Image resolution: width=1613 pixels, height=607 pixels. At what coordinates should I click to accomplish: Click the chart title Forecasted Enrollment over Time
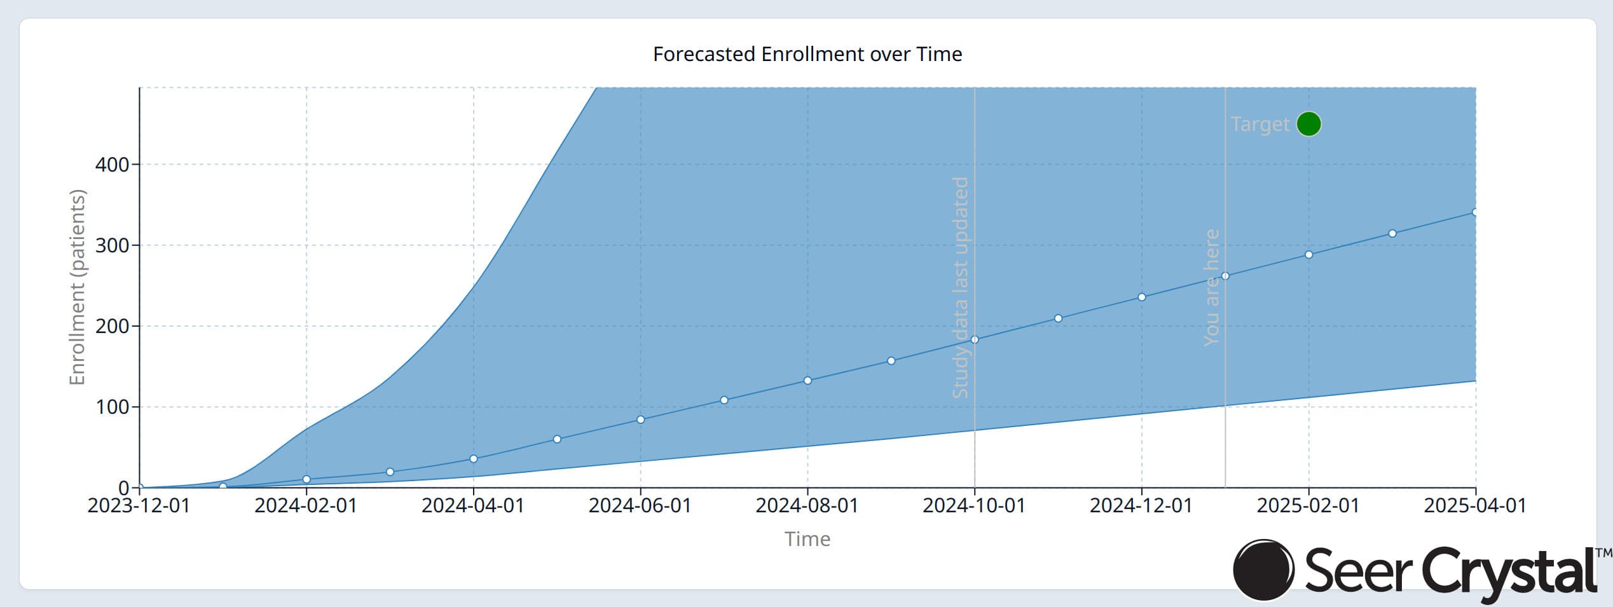pyautogui.click(x=807, y=54)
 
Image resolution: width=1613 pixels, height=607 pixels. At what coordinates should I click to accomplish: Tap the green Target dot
pyautogui.click(x=1308, y=124)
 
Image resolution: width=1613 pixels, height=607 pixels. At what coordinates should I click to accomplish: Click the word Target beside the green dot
pyautogui.click(x=1260, y=124)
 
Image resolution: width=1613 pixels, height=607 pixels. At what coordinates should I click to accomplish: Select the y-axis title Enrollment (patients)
pyautogui.click(x=77, y=287)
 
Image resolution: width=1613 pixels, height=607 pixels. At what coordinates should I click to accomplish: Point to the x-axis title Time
pyautogui.click(x=807, y=539)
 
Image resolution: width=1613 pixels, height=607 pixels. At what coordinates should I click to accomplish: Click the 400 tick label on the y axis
pyautogui.click(x=112, y=165)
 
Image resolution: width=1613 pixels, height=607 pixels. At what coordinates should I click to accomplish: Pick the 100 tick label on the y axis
pyautogui.click(x=112, y=407)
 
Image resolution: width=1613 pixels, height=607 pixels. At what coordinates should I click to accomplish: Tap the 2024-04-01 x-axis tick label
pyautogui.click(x=473, y=506)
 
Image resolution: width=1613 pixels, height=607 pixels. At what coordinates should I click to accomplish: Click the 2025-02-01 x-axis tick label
pyautogui.click(x=1308, y=506)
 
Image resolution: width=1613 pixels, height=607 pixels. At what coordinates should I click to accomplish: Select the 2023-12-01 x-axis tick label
pyautogui.click(x=139, y=506)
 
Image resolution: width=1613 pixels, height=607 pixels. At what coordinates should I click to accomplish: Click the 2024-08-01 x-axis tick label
pyautogui.click(x=807, y=506)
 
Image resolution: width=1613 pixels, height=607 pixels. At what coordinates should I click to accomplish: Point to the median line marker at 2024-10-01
pyautogui.click(x=975, y=340)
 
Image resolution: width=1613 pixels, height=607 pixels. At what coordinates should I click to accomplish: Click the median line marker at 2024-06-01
pyautogui.click(x=640, y=419)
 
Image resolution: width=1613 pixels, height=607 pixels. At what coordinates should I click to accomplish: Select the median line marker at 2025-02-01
pyautogui.click(x=1308, y=255)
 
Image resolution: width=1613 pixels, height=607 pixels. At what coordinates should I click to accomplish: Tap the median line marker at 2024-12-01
pyautogui.click(x=1141, y=297)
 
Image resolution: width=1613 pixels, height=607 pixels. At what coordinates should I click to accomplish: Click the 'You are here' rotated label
pyautogui.click(x=1212, y=287)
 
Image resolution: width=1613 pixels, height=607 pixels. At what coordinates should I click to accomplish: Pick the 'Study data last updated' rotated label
pyautogui.click(x=960, y=287)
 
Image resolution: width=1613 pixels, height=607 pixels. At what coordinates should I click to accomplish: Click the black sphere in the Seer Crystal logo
pyautogui.click(x=1263, y=570)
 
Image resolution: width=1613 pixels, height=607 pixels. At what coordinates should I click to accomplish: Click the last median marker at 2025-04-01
pyautogui.click(x=1474, y=212)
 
